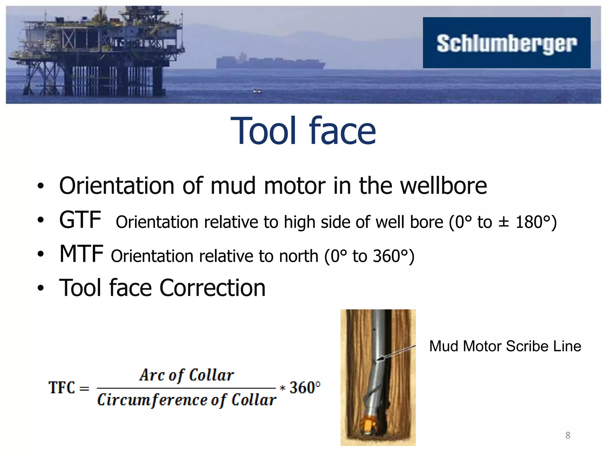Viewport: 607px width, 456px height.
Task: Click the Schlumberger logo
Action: click(x=506, y=43)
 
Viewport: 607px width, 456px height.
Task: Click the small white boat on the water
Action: click(x=257, y=91)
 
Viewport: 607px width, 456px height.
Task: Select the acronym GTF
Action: click(x=80, y=220)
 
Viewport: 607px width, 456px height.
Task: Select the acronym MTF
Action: click(x=81, y=254)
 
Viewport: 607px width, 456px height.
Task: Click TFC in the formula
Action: click(x=62, y=388)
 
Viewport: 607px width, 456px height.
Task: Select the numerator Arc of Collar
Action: click(x=187, y=375)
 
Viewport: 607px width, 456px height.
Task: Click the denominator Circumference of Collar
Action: click(x=187, y=400)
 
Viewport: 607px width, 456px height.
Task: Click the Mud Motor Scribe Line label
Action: click(x=505, y=346)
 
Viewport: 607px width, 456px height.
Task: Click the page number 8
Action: click(x=568, y=435)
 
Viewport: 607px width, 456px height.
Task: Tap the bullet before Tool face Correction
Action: click(x=41, y=288)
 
